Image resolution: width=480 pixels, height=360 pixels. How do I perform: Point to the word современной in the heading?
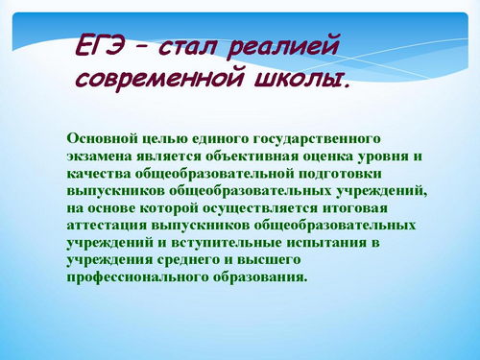coord(158,79)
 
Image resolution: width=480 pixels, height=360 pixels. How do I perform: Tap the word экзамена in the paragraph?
coord(99,156)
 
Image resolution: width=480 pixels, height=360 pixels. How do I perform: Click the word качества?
coord(99,174)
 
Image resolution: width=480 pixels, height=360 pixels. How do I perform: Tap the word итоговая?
coord(355,208)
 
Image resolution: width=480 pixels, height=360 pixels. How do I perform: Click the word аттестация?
coord(107,226)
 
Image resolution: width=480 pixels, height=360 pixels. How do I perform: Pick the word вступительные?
coord(227,243)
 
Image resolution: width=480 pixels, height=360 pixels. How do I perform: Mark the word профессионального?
coord(137,277)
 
